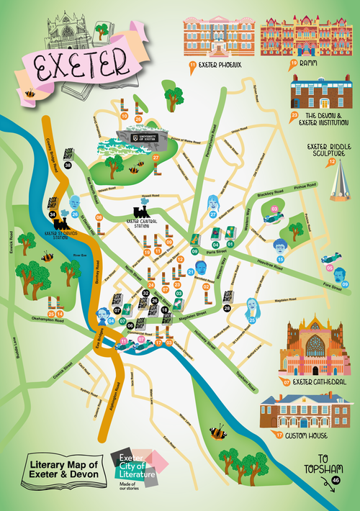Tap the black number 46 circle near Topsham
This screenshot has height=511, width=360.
click(x=336, y=479)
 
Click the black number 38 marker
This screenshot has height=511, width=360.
click(x=68, y=166)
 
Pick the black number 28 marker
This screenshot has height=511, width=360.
click(x=227, y=308)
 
